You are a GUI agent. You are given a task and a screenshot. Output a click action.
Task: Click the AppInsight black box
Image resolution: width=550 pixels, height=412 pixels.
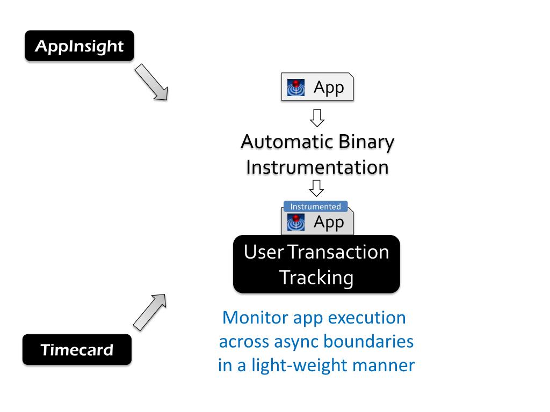pos(79,46)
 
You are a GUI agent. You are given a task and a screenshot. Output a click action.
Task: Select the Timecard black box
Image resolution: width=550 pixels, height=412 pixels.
pos(77,349)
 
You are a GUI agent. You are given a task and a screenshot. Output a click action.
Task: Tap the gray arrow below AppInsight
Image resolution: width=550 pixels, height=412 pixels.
pos(151,82)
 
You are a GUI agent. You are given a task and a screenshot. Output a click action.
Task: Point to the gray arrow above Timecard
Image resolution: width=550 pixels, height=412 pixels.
pos(150,312)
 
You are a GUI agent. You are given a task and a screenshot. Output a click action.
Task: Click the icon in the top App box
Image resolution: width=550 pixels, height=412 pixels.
pos(296,87)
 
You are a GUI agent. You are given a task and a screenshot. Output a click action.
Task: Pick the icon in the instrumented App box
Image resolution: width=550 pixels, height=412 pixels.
pos(296,222)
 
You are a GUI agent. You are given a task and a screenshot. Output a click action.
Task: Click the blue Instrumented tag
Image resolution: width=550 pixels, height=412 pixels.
pos(315,207)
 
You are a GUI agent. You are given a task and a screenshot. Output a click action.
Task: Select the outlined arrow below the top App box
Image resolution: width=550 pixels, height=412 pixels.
pos(317,117)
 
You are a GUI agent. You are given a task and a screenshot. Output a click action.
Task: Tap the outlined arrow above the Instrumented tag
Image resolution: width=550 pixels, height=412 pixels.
pos(316,188)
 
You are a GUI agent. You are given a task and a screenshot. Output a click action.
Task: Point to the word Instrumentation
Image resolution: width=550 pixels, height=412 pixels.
pos(317,167)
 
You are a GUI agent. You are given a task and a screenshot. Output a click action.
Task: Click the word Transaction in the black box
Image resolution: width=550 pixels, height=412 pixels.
pos(338,252)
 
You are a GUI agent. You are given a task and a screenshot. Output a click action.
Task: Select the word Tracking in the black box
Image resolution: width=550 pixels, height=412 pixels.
pos(316,278)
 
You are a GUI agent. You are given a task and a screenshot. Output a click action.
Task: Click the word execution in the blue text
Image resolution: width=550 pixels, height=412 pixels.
pos(367,318)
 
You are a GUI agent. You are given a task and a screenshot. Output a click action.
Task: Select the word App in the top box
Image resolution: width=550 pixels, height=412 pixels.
pos(329,87)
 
